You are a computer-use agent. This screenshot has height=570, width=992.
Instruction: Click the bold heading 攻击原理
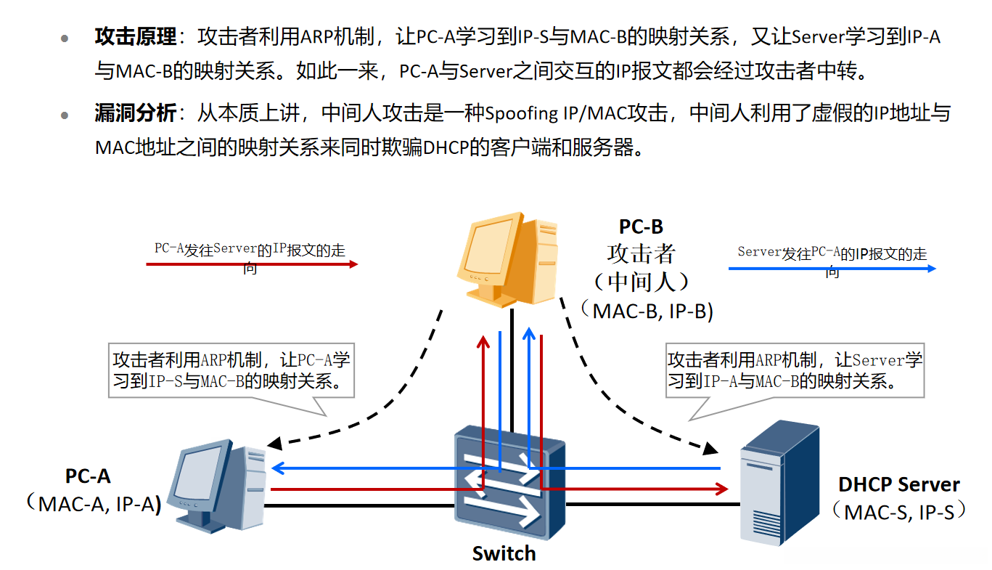[x=135, y=37]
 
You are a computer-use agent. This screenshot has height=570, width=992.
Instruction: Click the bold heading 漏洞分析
[x=135, y=113]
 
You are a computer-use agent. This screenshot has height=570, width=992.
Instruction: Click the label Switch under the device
[x=504, y=553]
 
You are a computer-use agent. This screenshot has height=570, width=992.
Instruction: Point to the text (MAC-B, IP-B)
[x=647, y=311]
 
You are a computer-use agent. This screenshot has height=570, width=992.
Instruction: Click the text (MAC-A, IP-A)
[x=93, y=503]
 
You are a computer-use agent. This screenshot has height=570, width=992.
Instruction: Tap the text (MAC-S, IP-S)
[x=900, y=511]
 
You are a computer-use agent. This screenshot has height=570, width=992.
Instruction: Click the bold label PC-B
[x=641, y=227]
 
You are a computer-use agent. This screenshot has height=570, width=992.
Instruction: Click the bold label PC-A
[x=88, y=476]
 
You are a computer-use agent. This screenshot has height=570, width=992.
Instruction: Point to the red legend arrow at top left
[x=252, y=264]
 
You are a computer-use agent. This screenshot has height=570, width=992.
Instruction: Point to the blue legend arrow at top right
[x=832, y=269]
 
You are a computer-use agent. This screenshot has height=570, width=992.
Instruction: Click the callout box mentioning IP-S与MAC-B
[x=231, y=370]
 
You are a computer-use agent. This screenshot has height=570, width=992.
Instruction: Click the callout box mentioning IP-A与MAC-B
[x=795, y=370]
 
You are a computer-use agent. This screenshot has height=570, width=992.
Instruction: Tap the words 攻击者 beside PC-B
[x=641, y=253]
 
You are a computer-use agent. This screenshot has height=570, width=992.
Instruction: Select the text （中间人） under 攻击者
[x=641, y=281]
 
